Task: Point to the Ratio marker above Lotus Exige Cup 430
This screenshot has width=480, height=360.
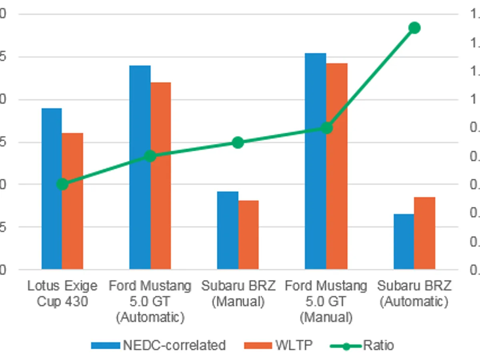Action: [62, 184]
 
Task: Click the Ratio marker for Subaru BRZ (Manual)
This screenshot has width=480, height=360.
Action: [238, 142]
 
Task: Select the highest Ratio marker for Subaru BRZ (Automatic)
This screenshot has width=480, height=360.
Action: [414, 28]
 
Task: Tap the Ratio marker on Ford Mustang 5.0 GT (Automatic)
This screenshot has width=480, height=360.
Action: [150, 156]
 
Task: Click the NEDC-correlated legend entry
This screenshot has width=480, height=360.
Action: [158, 345]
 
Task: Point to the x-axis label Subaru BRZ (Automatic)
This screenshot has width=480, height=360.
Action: [414, 294]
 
